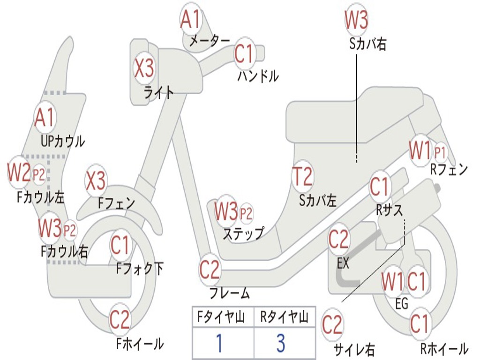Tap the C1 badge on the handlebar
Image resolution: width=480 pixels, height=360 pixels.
(244, 54)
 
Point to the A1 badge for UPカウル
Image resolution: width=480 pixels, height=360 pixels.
(45, 118)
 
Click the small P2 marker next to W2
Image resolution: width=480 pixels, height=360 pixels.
(39, 175)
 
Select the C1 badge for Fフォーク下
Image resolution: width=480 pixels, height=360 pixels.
(120, 245)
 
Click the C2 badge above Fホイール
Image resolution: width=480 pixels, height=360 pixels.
(120, 320)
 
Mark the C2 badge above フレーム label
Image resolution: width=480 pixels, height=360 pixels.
(210, 270)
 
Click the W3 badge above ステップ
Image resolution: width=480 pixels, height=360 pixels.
(226, 212)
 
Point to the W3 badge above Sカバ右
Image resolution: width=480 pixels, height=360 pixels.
(356, 20)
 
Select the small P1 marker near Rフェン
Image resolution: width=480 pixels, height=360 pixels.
(440, 152)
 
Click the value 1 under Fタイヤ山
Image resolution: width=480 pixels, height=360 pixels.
(219, 343)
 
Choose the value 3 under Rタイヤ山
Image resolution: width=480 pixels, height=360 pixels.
(280, 343)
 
